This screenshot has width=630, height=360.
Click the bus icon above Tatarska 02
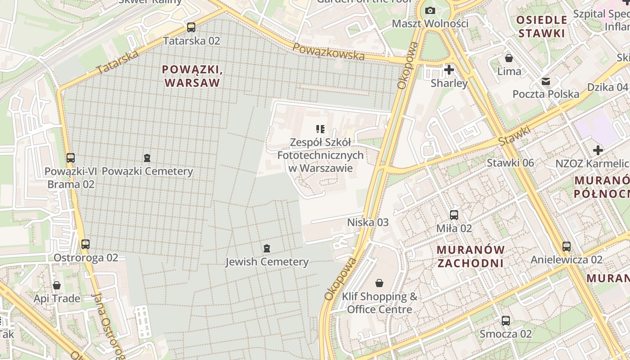[191, 27]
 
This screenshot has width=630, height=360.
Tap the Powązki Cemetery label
[147, 171]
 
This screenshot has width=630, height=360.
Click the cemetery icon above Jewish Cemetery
[267, 248]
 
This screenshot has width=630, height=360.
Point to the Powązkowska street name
[328, 52]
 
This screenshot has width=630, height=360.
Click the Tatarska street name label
[117, 63]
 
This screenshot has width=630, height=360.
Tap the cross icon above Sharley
[449, 70]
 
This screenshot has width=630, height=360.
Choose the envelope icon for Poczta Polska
[546, 81]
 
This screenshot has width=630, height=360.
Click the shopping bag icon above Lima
[509, 58]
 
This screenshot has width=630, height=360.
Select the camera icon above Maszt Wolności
[430, 10]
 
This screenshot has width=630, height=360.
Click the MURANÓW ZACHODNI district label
[471, 256]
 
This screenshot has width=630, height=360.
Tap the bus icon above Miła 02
[454, 215]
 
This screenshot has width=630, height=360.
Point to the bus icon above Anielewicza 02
[566, 247]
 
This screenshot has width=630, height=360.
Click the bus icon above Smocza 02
[506, 321]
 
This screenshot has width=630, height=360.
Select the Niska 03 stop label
[368, 222]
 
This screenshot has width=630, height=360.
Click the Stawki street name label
[515, 136]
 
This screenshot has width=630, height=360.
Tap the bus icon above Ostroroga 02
[85, 244]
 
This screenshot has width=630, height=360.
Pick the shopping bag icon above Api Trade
[57, 285]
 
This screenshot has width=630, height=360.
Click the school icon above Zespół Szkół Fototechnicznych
[320, 129]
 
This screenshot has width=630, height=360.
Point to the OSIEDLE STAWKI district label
[541, 26]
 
